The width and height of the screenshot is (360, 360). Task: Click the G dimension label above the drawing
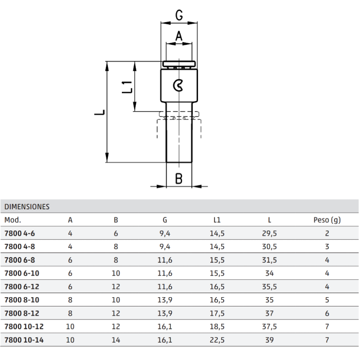(179, 15)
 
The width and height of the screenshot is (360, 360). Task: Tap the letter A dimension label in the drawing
(179, 36)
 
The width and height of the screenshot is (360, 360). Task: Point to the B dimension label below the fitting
(179, 178)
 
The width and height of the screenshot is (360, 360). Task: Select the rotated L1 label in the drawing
(127, 87)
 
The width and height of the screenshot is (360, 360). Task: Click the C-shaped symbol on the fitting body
(178, 86)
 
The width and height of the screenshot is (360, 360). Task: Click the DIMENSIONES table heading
(27, 207)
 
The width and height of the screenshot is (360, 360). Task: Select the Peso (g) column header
(327, 220)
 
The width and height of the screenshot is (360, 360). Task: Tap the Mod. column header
(13, 220)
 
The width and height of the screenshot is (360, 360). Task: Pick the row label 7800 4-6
(20, 233)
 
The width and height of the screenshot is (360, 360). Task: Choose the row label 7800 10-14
(24, 340)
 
